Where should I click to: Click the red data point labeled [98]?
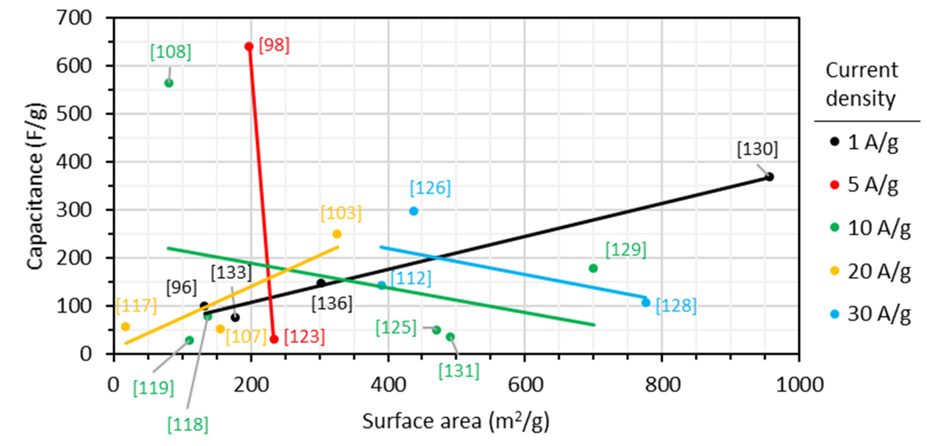pyautogui.click(x=249, y=46)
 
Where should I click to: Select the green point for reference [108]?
pyautogui.click(x=169, y=84)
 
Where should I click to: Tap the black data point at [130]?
pyautogui.click(x=769, y=177)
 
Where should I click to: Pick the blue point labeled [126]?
pyautogui.click(x=414, y=211)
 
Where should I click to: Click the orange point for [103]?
pyautogui.click(x=337, y=234)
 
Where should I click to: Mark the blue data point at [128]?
pyautogui.click(x=646, y=302)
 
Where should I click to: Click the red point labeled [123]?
pyautogui.click(x=274, y=339)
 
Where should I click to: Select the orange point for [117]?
pyautogui.click(x=125, y=327)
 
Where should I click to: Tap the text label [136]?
pyautogui.click(x=332, y=304)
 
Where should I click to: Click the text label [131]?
pyautogui.click(x=459, y=371)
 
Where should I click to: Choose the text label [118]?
pyautogui.click(x=188, y=425)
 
